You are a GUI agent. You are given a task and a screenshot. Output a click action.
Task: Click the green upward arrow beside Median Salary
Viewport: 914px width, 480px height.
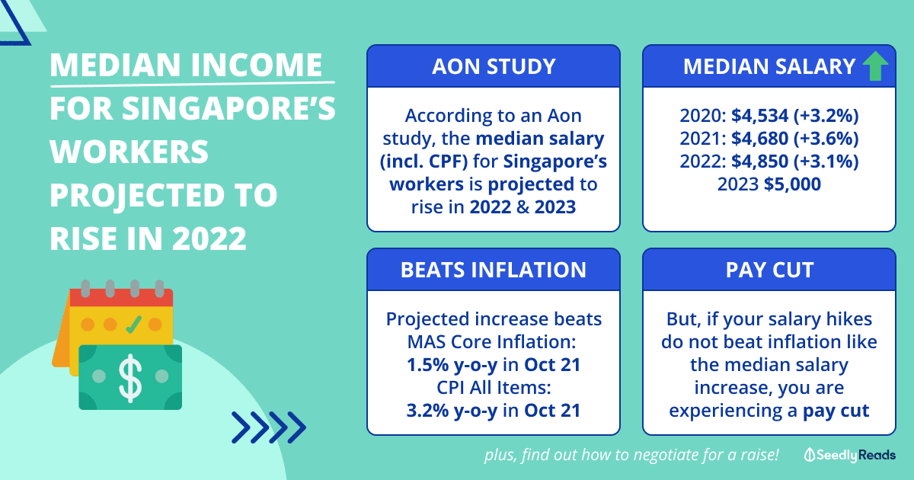point(876,66)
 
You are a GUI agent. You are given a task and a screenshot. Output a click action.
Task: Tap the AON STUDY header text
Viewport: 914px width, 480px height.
point(494,66)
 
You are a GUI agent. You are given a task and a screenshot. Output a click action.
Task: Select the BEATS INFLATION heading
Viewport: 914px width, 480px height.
point(494,270)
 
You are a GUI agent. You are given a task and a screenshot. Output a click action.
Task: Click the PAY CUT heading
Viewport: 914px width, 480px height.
point(769,270)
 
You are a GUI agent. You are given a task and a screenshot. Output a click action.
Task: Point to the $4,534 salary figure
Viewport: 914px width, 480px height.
point(760,116)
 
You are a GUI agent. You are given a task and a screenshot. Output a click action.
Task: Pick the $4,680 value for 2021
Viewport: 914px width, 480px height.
point(760,139)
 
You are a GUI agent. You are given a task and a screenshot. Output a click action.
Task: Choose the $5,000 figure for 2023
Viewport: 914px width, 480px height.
point(792,184)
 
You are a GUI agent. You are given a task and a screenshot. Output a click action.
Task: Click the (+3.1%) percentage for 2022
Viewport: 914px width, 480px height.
point(826,162)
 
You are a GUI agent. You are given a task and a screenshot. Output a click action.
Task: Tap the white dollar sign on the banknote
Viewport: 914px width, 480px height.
point(130,376)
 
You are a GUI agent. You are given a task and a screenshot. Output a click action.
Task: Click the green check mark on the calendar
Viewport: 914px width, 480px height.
point(133,325)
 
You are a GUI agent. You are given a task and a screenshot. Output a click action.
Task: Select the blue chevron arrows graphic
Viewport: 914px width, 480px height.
point(268,427)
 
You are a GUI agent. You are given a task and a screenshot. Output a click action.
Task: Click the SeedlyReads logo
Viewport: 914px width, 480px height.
point(849,455)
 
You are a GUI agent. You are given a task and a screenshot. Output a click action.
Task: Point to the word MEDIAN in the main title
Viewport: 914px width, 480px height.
point(116,65)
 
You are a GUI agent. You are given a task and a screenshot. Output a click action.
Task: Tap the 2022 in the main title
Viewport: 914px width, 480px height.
point(209,238)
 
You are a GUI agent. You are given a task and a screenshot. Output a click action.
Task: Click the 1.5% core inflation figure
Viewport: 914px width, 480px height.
point(427,365)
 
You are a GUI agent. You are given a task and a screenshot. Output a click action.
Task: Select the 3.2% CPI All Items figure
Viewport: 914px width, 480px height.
point(427,411)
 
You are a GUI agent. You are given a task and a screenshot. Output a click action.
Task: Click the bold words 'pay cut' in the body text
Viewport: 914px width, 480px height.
point(836,411)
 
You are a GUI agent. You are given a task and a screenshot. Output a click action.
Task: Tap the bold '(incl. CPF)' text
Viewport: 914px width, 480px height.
point(423,162)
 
